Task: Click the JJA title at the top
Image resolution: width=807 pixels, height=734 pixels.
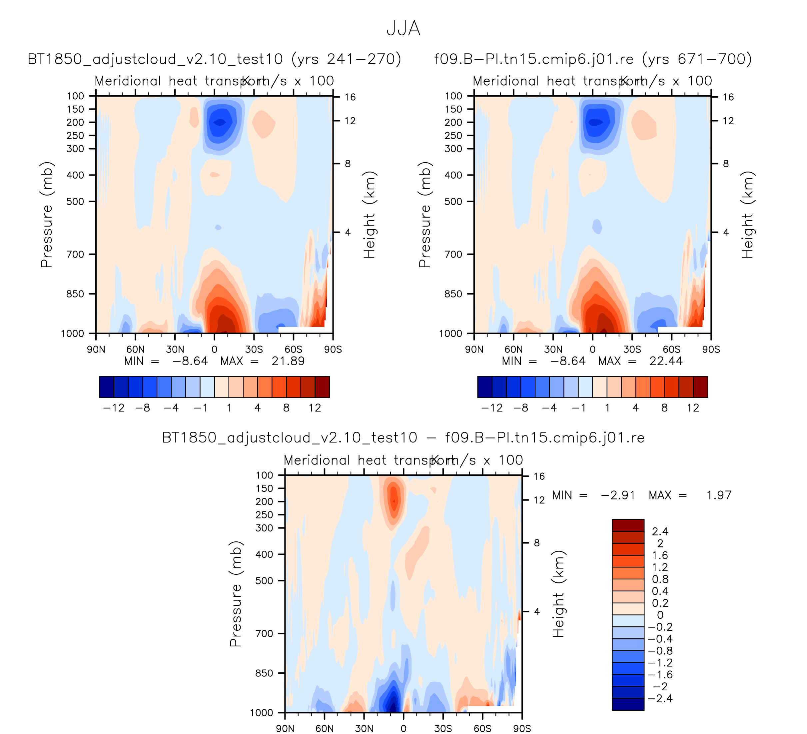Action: coord(403,29)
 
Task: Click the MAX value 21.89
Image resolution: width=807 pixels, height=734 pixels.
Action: coord(288,362)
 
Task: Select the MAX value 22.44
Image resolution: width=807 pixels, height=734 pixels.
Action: coord(666,362)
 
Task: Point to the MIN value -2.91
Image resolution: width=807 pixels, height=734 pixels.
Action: coord(618,495)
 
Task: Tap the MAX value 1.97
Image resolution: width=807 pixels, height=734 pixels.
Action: coord(719,495)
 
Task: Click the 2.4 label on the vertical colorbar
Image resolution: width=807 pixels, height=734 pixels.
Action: coord(660,531)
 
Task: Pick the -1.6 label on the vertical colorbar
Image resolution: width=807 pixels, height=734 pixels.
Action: coord(660,675)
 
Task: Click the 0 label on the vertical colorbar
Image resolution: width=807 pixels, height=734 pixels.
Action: coord(660,615)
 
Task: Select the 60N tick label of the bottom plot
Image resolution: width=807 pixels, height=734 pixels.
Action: coord(324,728)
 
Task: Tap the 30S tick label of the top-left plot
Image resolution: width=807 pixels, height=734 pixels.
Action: coord(254,350)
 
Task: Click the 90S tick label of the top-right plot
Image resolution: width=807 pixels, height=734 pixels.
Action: coord(711,350)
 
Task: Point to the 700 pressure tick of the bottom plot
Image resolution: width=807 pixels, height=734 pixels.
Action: coord(264,633)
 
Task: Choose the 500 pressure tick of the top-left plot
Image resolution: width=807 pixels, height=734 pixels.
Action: coord(75,201)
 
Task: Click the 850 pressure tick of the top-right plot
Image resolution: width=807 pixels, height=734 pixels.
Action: coord(453,294)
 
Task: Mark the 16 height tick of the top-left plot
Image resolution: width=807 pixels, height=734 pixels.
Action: coord(350,97)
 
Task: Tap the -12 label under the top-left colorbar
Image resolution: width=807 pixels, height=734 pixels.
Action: coord(114,408)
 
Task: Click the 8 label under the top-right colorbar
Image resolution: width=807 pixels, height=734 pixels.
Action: coord(664,408)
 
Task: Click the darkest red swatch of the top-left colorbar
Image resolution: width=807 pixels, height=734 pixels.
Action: coord(322,387)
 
